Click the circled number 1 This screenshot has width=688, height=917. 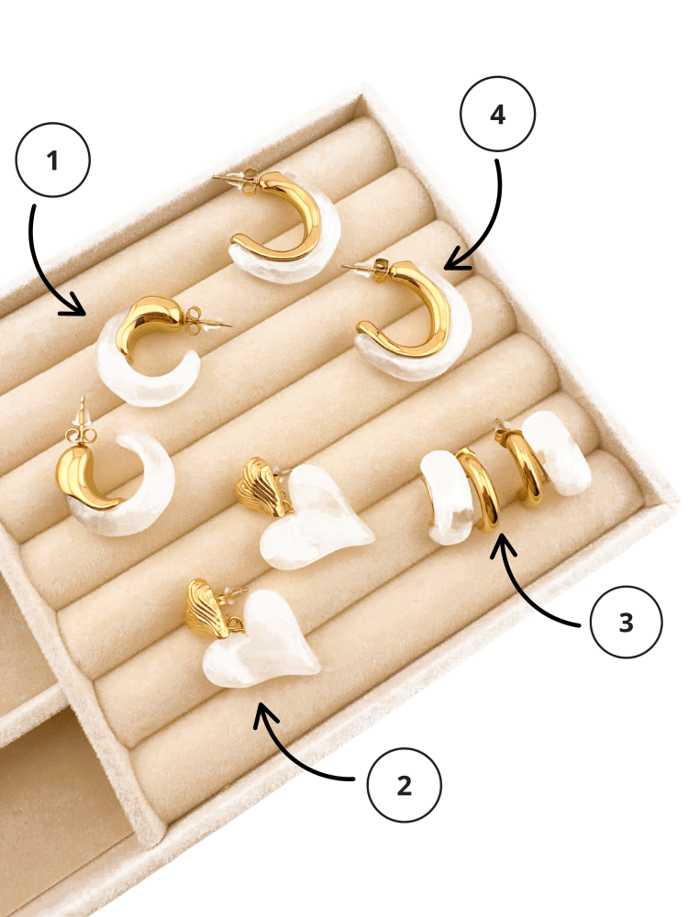[x=52, y=160]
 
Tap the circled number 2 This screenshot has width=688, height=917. [x=405, y=786]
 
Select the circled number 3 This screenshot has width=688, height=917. [x=626, y=623]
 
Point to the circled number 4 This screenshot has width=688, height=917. [x=497, y=114]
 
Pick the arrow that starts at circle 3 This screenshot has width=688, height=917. [x=527, y=591]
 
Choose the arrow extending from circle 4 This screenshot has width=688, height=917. [x=490, y=228]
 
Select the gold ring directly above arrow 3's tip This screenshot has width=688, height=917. [x=481, y=490]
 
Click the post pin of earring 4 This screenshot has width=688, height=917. [x=358, y=268]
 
